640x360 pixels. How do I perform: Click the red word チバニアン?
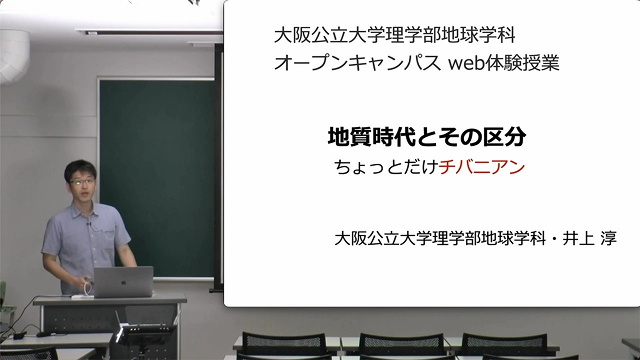coord(482,167)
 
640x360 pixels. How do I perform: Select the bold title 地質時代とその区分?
coord(427,137)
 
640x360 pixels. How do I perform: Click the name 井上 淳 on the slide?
coord(589,238)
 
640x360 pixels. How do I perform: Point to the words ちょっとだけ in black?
coord(386,167)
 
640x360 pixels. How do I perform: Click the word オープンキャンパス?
coord(357,63)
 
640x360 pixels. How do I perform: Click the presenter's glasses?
coord(83,182)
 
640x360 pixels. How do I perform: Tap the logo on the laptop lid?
coord(125,281)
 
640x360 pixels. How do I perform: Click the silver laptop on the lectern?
coord(123,282)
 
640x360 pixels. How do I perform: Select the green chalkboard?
coord(157,178)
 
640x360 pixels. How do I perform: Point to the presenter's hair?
coord(80,169)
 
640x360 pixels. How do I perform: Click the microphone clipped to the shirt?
coord(88,224)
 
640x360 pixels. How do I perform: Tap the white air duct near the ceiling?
coord(14,56)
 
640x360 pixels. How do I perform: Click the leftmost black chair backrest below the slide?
coord(284,344)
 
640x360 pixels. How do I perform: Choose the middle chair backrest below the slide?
coord(401,345)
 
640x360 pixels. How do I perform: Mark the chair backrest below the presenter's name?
coord(504,345)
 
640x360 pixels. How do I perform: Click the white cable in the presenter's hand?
coord(87,288)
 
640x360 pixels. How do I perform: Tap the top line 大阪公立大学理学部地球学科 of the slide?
coord(395,36)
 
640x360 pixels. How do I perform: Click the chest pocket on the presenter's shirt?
coord(109,238)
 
